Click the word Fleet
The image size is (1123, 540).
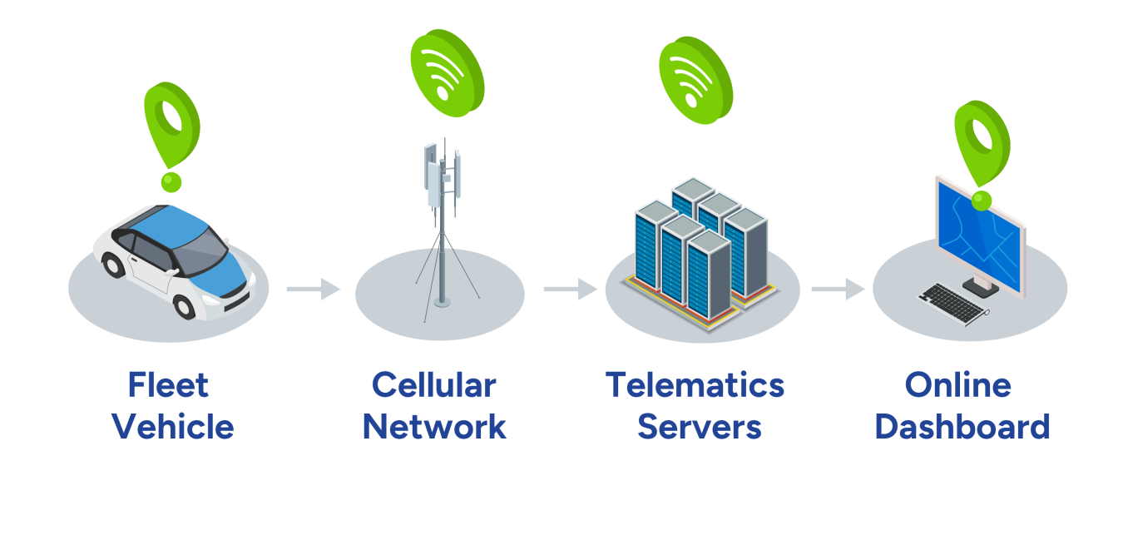[168, 385]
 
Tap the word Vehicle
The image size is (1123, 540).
[173, 427]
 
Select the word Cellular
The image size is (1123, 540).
[433, 385]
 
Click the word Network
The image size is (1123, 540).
[433, 427]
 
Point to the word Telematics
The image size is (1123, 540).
[695, 385]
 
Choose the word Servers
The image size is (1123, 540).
[699, 427]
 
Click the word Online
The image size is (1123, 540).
[957, 385]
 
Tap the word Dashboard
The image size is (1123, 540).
[962, 427]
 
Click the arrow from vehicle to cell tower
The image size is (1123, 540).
[314, 289]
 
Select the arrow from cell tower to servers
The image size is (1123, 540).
[571, 289]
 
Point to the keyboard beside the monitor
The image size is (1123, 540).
[952, 304]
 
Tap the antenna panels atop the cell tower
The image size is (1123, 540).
[441, 175]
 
